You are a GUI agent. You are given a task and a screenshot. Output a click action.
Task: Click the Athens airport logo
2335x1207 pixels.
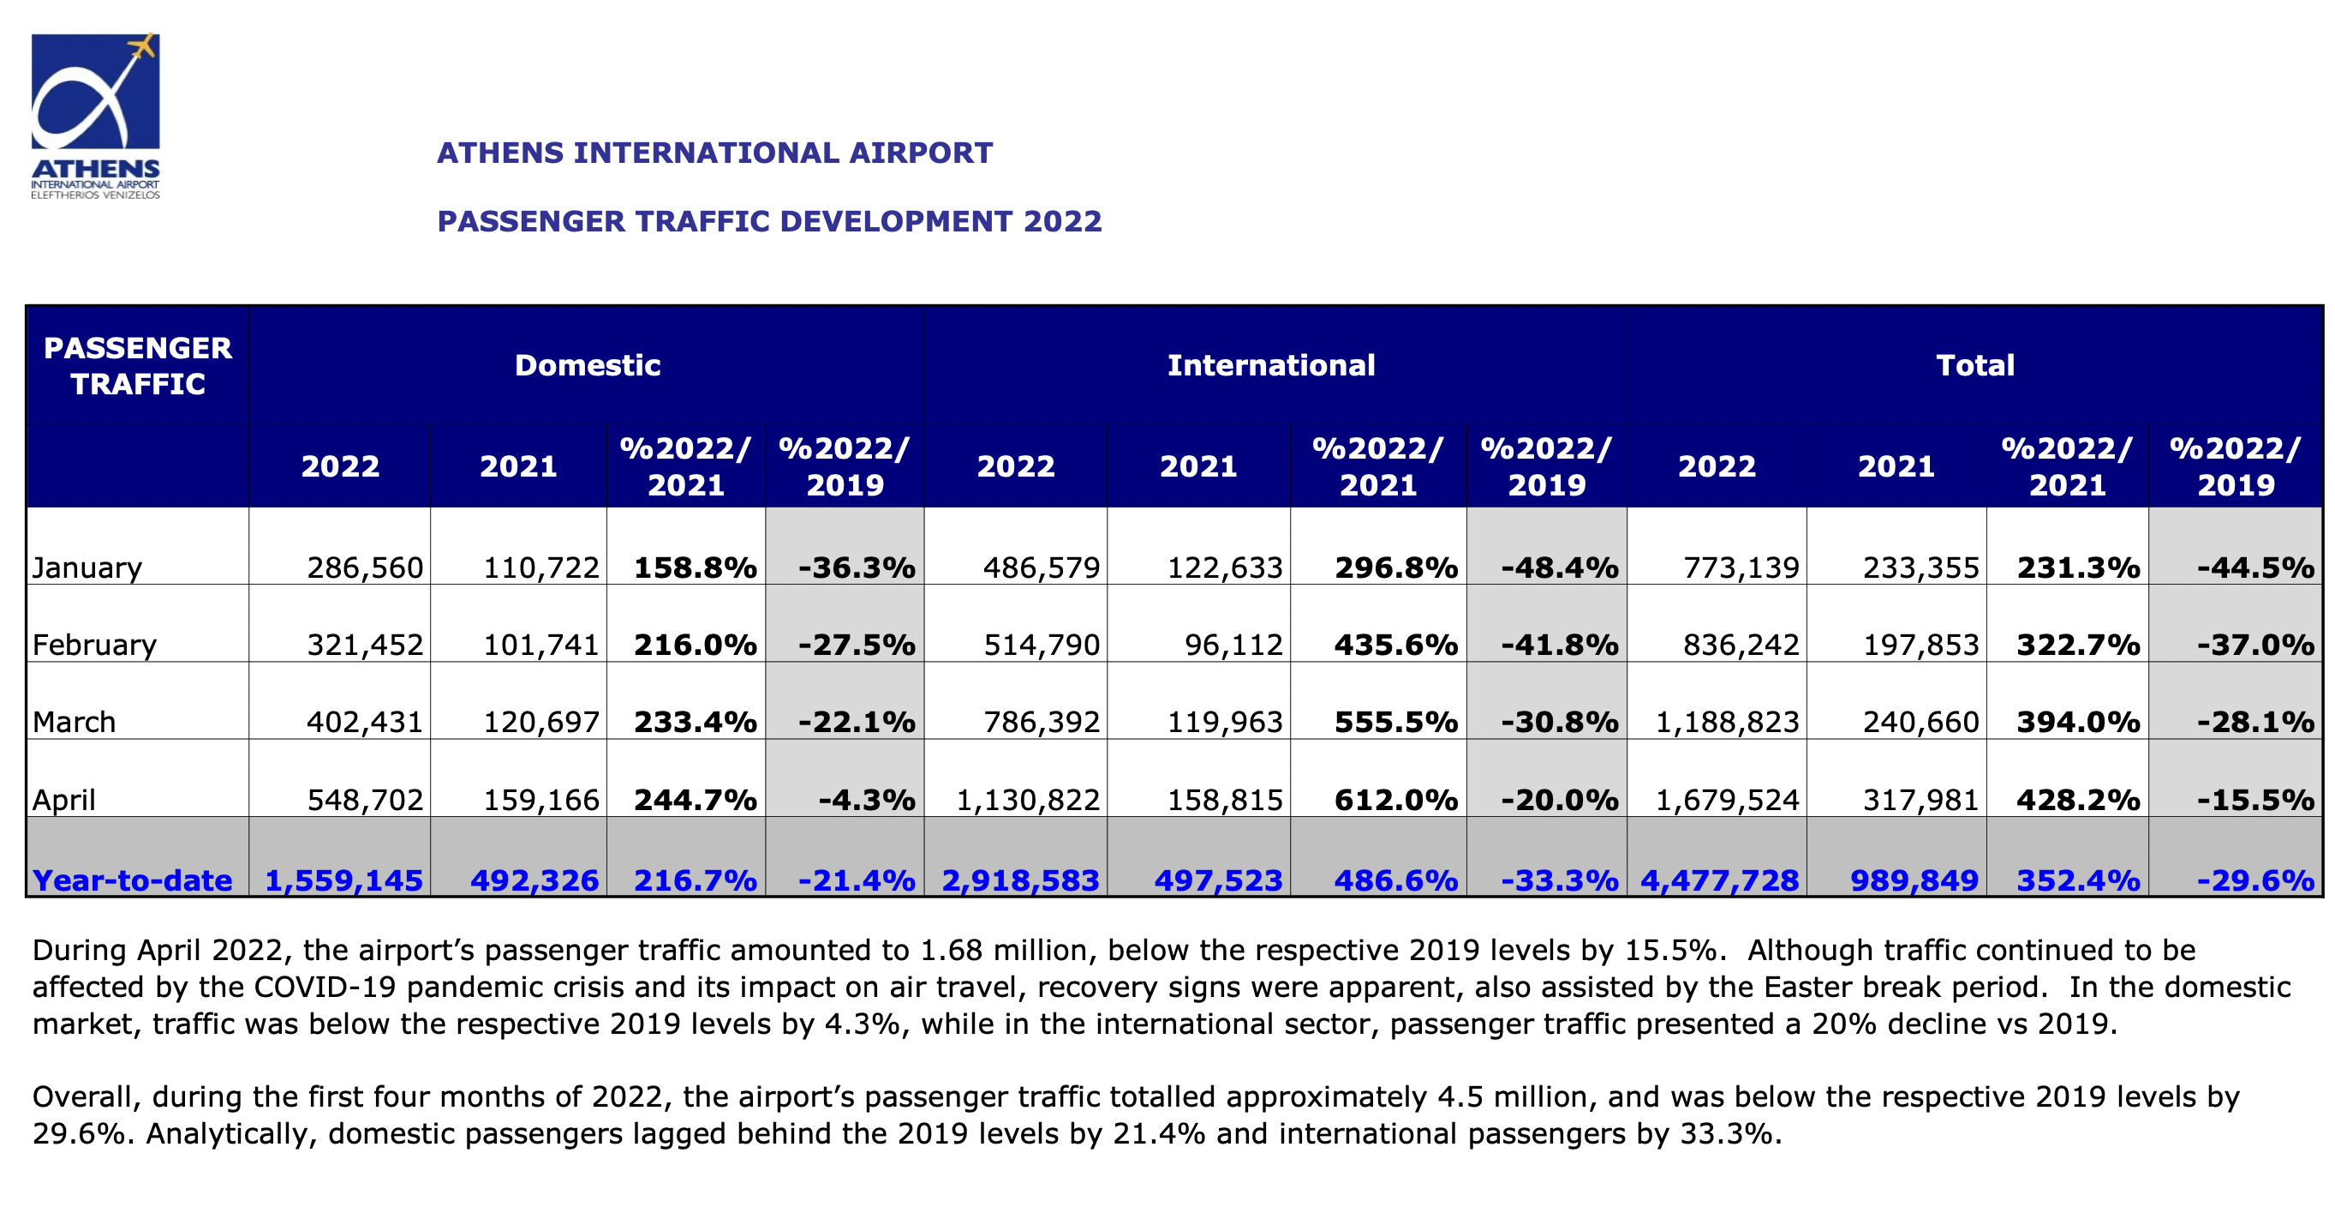(x=95, y=115)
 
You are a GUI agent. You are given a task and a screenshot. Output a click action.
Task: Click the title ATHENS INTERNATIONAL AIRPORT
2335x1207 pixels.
(x=714, y=153)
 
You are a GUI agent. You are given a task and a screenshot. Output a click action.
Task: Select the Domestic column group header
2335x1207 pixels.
(x=587, y=364)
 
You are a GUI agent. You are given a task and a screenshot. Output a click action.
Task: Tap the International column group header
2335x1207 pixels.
(x=1270, y=364)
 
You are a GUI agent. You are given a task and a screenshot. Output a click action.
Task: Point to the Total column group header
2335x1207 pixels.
(x=1974, y=364)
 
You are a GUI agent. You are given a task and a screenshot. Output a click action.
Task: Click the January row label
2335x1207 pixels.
(x=87, y=567)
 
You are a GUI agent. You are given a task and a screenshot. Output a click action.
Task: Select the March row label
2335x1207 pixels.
(x=75, y=722)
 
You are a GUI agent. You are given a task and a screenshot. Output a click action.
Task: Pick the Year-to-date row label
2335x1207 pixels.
(x=133, y=880)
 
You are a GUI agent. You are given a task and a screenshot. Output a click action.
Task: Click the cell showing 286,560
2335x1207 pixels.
(x=364, y=567)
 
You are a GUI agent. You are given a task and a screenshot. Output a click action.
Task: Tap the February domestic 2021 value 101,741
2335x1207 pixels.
(x=540, y=645)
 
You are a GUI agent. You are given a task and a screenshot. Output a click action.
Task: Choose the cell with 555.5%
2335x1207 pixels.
(x=1395, y=722)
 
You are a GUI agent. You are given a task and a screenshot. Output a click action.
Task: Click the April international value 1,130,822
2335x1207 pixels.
(x=1027, y=800)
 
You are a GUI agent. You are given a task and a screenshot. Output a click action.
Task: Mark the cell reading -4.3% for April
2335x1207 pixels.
(x=866, y=800)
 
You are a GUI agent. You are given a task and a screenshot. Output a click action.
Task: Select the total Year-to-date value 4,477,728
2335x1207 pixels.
(x=1718, y=880)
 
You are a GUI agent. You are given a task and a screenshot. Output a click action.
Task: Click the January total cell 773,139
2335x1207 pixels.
(x=1741, y=567)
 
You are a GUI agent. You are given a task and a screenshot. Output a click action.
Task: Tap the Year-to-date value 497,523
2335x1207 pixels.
(x=1217, y=880)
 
